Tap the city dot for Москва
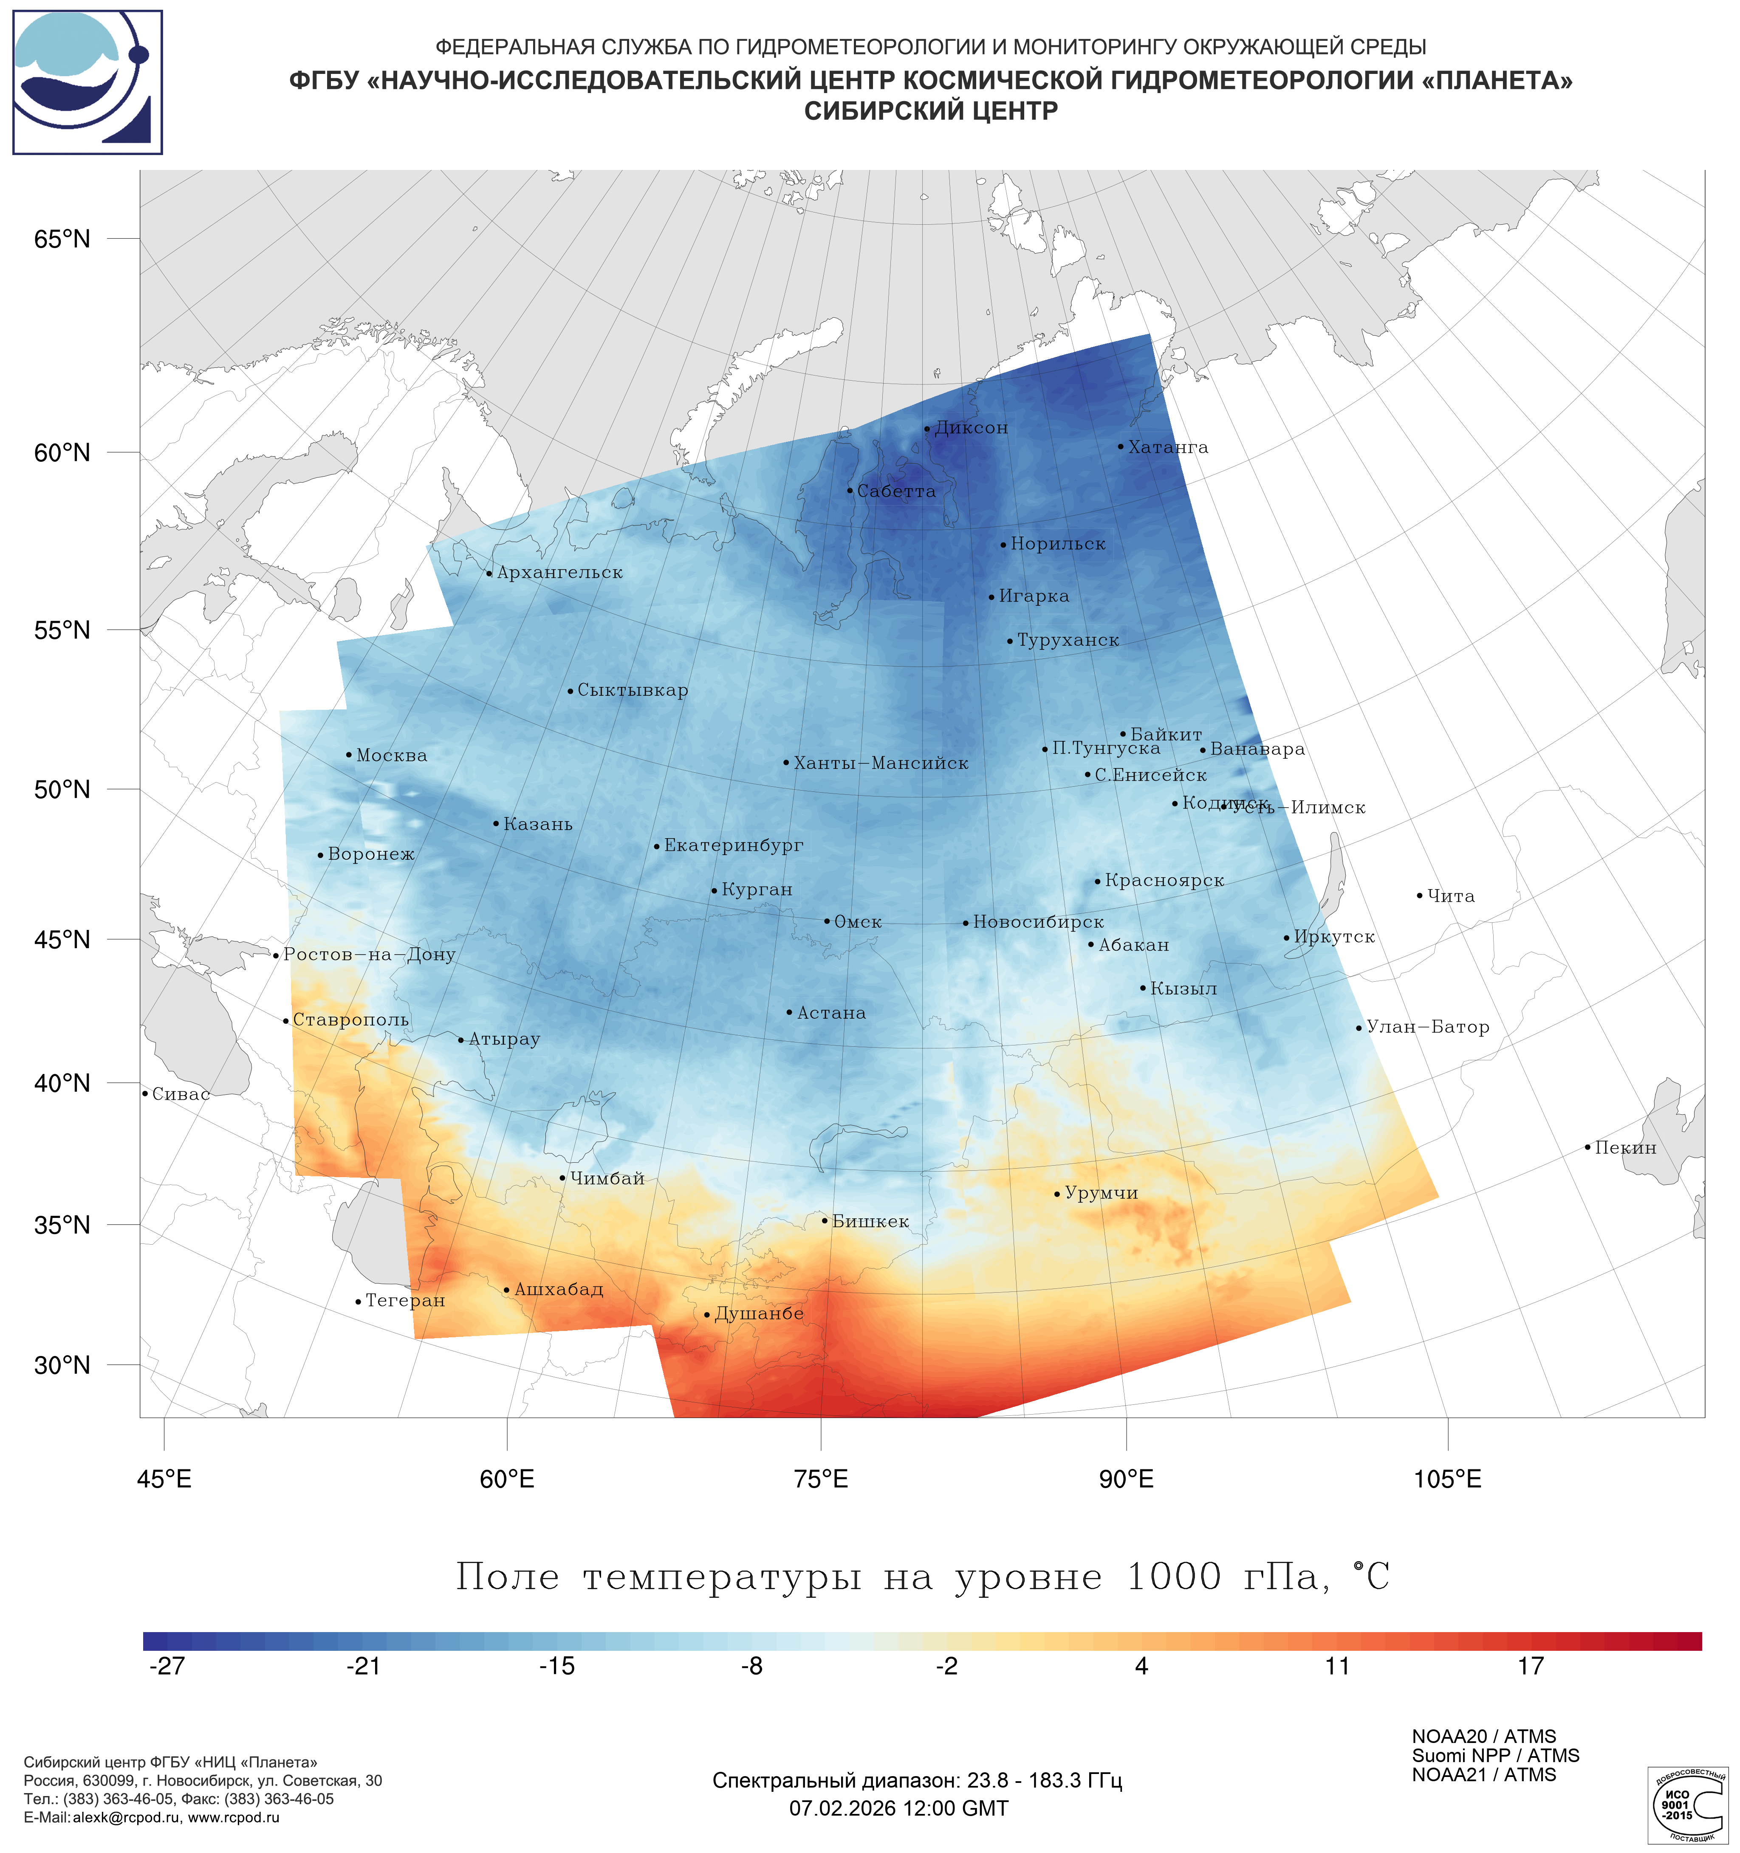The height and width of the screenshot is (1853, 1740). click(x=349, y=755)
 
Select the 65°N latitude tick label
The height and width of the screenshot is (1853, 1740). click(x=62, y=240)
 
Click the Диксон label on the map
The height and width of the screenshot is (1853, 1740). click(x=971, y=428)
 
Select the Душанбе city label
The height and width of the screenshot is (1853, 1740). click(x=759, y=1313)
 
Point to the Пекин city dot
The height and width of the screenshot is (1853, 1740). click(x=1587, y=1147)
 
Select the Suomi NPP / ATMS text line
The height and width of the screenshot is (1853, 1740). click(x=1495, y=1755)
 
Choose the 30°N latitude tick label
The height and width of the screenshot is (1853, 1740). click(x=62, y=1365)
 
